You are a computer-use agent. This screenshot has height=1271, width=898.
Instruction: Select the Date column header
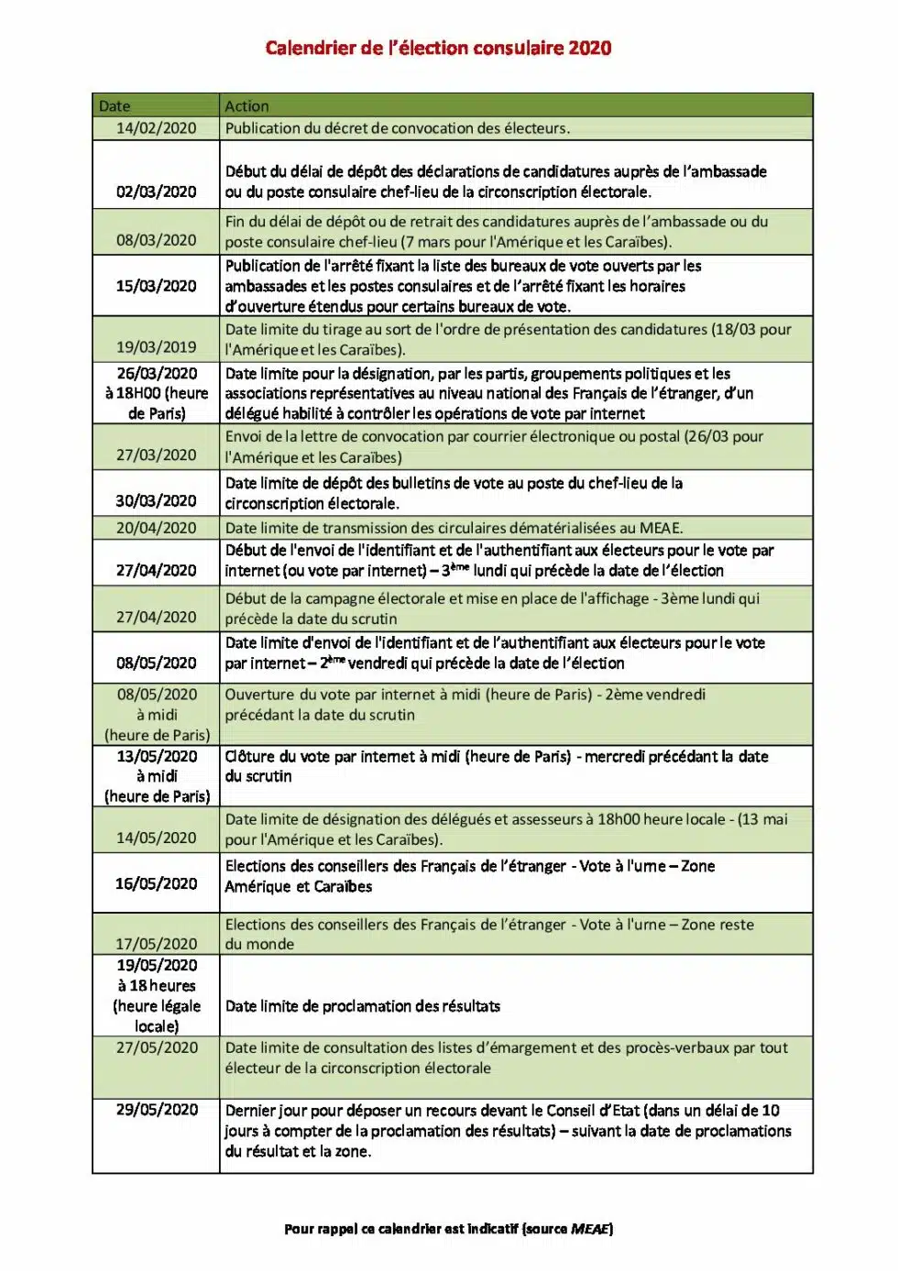click(115, 106)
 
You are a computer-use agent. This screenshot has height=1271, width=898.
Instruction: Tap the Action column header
click(247, 106)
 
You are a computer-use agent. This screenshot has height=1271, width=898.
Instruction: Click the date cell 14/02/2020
click(156, 128)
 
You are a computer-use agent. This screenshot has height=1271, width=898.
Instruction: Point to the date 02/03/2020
click(156, 192)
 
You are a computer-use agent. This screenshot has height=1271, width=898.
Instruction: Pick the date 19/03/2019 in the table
click(156, 347)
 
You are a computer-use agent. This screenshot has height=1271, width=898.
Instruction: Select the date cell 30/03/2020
click(156, 500)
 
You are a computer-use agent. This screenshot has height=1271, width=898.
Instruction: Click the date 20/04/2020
click(156, 528)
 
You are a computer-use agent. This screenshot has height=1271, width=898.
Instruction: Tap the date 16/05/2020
click(156, 883)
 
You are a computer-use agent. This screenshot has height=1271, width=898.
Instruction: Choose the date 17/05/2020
click(156, 944)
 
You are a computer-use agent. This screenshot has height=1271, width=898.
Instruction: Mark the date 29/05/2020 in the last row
click(157, 1110)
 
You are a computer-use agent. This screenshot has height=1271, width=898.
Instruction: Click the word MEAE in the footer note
click(590, 1229)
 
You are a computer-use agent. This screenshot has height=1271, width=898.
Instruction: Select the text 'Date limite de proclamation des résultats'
click(363, 1006)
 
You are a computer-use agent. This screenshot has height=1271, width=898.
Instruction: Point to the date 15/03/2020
click(156, 286)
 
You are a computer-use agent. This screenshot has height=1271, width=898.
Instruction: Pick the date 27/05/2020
click(157, 1047)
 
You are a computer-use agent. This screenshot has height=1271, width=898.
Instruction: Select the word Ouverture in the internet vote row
click(262, 695)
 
